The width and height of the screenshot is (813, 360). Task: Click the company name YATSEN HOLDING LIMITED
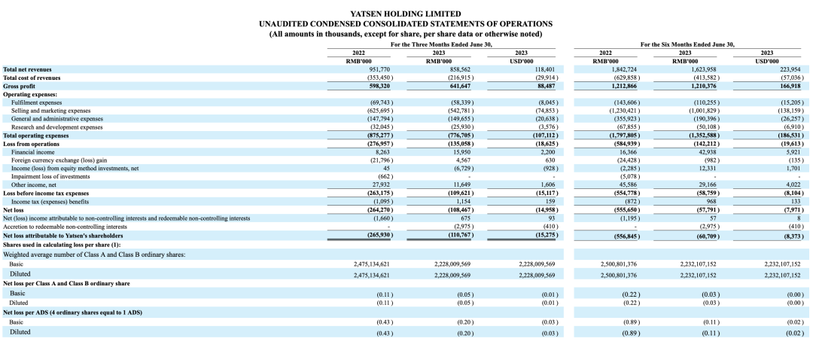click(406, 14)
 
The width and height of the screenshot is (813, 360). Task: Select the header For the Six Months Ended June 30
click(687, 44)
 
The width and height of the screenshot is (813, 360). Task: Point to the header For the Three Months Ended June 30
click(441, 44)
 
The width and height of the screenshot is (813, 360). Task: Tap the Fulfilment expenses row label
click(37, 102)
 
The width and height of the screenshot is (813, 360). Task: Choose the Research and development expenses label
click(57, 127)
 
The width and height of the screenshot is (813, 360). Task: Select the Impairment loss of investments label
click(46, 176)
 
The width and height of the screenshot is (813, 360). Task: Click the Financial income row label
click(32, 151)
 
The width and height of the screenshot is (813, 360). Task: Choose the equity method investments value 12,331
click(705, 168)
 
